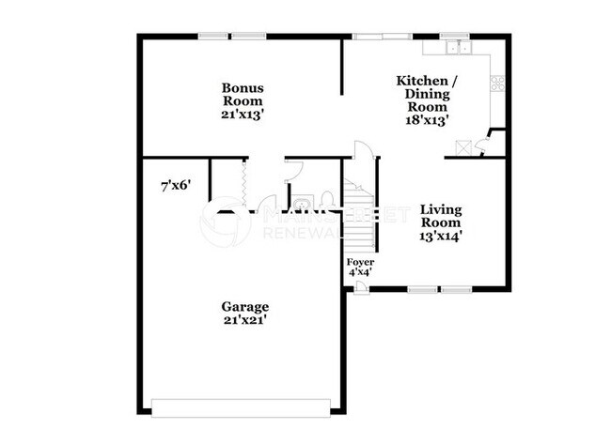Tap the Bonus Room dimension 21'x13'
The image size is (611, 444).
coord(242,114)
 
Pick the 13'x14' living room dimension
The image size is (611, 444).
coord(440,236)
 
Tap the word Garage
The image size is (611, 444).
coord(244,306)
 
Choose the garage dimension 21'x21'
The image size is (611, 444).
coord(244,320)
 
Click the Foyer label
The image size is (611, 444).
coord(360,261)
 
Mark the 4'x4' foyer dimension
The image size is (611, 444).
coord(360,272)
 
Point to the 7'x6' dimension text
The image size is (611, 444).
coord(176,185)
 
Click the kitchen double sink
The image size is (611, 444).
coord(459,47)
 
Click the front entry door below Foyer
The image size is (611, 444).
coord(362,287)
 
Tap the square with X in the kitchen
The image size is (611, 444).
coord(462,147)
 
